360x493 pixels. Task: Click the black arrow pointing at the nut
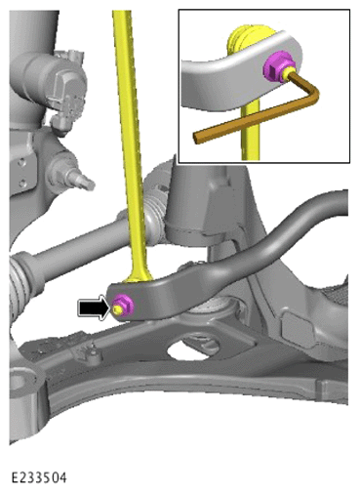point(94,308)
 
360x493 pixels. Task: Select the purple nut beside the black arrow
point(122,306)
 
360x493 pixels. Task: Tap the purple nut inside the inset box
point(279,67)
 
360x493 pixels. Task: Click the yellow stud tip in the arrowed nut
point(117,309)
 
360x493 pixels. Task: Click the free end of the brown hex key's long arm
point(197,138)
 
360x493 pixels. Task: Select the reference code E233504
point(39,477)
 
